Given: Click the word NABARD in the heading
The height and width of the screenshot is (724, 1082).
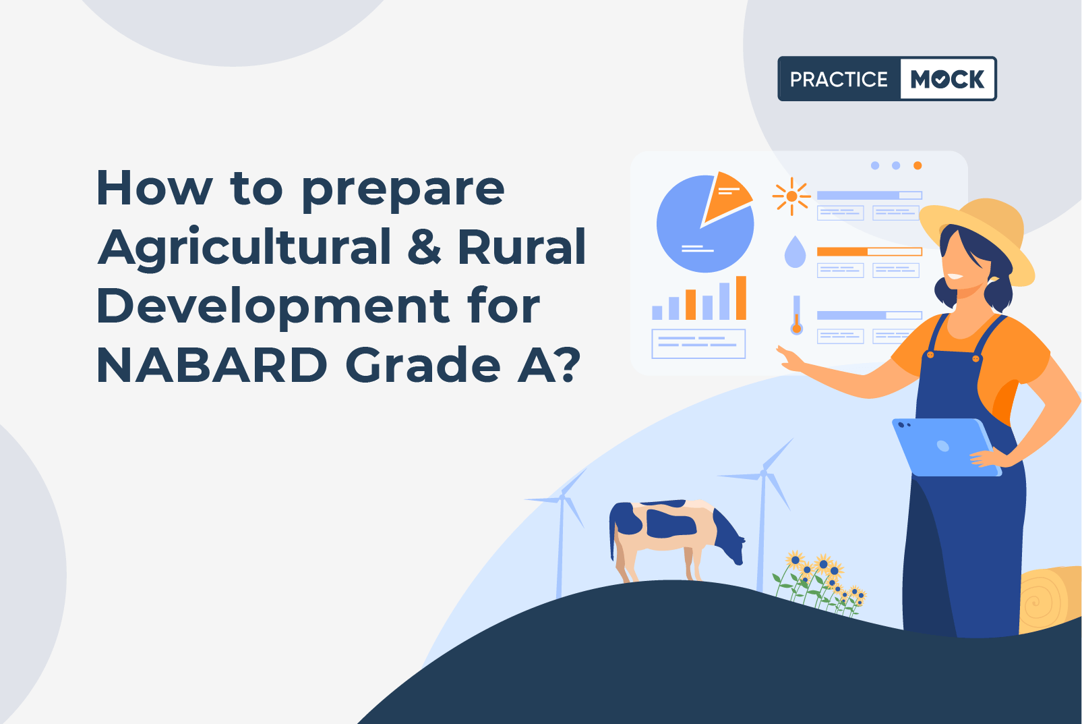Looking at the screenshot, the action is [x=212, y=365].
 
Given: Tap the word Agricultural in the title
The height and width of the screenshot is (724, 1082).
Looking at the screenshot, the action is [x=245, y=246].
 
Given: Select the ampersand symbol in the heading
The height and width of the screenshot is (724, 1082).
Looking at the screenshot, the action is [x=424, y=246].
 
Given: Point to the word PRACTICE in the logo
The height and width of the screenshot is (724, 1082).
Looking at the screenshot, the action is [x=839, y=79].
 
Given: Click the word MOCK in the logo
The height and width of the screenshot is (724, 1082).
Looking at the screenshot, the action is [x=947, y=79].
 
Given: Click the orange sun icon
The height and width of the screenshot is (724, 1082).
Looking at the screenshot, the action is [x=791, y=196].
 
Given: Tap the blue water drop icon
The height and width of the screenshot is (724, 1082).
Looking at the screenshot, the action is [x=795, y=251].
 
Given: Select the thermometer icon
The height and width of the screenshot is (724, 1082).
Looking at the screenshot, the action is [x=797, y=315].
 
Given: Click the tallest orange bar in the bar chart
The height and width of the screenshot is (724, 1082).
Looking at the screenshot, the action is [x=741, y=298].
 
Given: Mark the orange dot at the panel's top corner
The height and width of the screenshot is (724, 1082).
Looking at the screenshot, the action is [x=918, y=166].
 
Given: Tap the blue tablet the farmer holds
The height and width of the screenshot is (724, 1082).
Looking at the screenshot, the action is [x=946, y=447].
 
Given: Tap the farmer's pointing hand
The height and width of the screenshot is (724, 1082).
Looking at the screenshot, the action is [x=791, y=358].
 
